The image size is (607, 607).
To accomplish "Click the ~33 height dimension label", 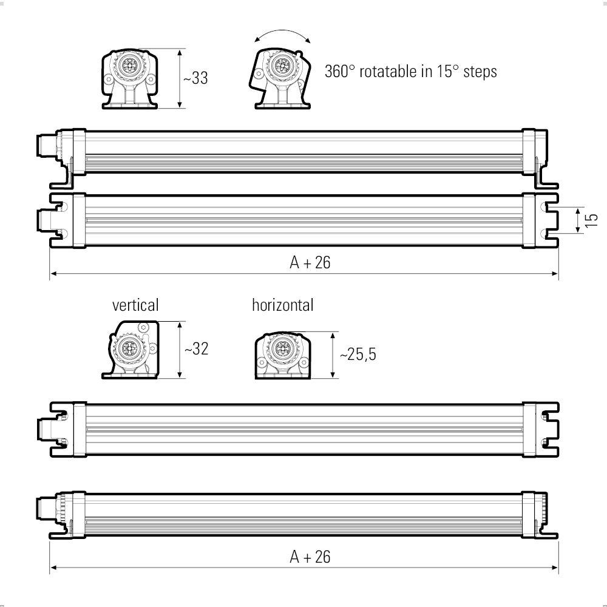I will (x=195, y=78).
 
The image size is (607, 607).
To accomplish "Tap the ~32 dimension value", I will (x=195, y=349).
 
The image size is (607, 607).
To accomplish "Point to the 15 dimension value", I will (x=592, y=220).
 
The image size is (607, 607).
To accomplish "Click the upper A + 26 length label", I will (x=310, y=262).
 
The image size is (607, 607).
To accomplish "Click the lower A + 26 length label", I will (x=310, y=557).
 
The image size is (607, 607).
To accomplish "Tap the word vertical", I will (x=135, y=304).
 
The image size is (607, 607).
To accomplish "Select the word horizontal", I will (x=283, y=305).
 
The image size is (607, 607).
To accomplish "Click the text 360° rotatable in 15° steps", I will (x=411, y=71).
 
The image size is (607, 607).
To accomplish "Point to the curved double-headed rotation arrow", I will (x=283, y=35).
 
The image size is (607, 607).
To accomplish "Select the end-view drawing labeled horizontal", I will (x=281, y=355).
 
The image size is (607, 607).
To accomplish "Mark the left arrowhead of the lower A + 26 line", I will (x=53, y=568).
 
